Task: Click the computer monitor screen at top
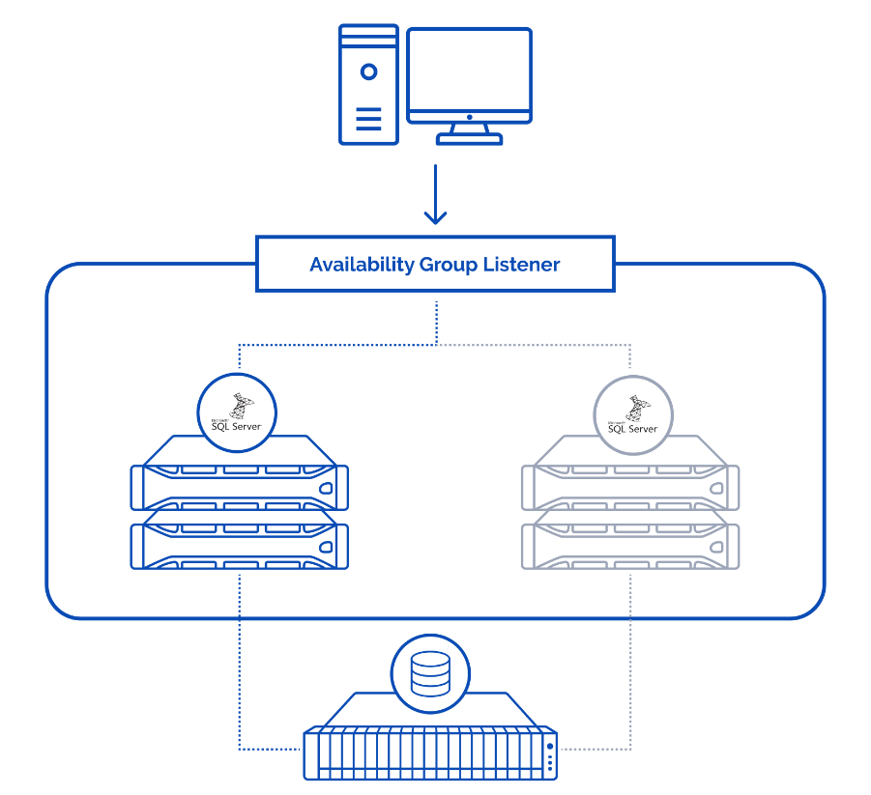click(469, 71)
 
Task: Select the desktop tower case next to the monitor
click(368, 85)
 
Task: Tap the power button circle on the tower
click(368, 71)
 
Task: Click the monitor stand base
click(469, 139)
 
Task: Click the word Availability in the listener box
click(362, 264)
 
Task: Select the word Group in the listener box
click(448, 264)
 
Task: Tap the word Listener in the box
click(521, 264)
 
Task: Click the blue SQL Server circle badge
click(237, 412)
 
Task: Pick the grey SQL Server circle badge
click(632, 412)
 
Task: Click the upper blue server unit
click(239, 482)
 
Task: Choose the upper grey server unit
click(630, 482)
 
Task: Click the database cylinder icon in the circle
click(430, 674)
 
